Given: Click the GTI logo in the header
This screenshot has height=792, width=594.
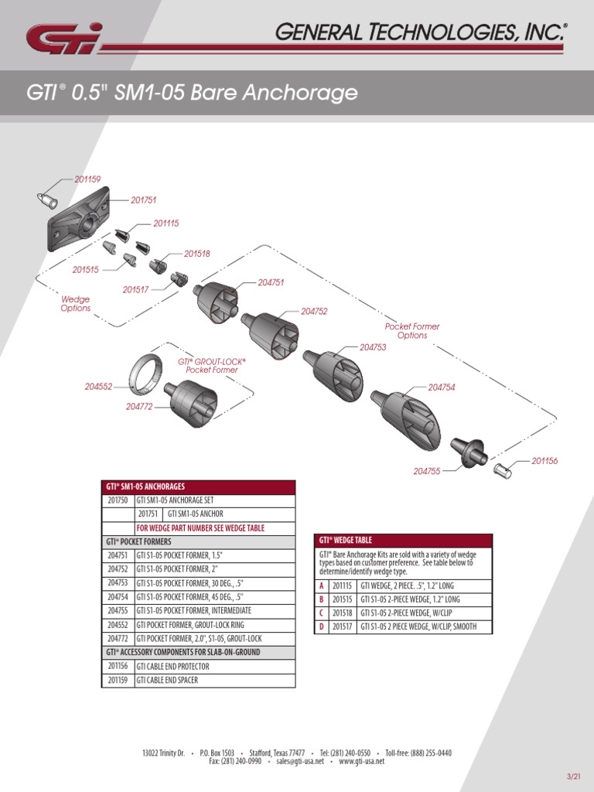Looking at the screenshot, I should (x=63, y=38).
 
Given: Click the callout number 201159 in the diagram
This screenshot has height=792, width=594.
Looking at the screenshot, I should (x=87, y=179).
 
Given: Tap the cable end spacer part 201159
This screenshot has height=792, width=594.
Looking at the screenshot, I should (x=48, y=200).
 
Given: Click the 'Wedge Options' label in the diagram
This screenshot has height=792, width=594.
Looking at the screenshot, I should (x=76, y=303).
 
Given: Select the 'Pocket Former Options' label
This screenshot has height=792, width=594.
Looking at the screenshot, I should (x=411, y=331).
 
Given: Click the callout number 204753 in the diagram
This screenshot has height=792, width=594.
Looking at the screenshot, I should (x=373, y=347).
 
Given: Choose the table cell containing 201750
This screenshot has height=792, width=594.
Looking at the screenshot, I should (x=117, y=500).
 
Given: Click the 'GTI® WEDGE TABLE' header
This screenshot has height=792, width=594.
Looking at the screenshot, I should (x=346, y=541).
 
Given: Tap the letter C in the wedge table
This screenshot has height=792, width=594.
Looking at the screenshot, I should (x=321, y=613).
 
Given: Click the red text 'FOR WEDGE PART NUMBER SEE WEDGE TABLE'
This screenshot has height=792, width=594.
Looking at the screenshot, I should (x=200, y=527).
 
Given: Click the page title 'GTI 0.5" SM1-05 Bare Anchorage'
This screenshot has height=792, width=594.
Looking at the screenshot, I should (x=192, y=94).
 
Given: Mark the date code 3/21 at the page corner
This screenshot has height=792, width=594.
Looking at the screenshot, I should (x=574, y=777).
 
